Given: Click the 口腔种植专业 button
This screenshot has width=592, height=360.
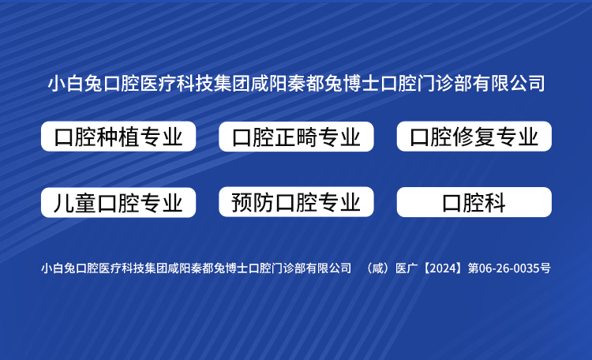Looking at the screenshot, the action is pos(118,137).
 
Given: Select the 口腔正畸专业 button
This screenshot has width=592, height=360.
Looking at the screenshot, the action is pos(296,137).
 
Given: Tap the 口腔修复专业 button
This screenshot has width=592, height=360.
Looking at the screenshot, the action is pos(474,137).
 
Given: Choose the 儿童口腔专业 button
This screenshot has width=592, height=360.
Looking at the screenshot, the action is pos(118,202).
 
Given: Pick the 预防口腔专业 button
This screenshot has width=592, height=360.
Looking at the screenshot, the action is pos(296,202).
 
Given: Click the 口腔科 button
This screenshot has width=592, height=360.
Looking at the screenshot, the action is pos(474,202).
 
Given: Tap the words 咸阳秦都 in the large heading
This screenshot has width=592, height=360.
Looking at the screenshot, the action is pos(287,84).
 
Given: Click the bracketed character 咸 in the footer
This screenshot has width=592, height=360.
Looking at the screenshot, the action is pos(377,268).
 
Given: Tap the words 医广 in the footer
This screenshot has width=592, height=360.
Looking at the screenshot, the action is pos(407,268).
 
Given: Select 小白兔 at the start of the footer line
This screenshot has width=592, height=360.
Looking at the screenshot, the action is pos(58,268).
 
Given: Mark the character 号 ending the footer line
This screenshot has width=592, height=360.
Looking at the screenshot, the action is pos(545,268).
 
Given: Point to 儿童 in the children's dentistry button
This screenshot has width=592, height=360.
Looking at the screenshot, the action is pos(75,203).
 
